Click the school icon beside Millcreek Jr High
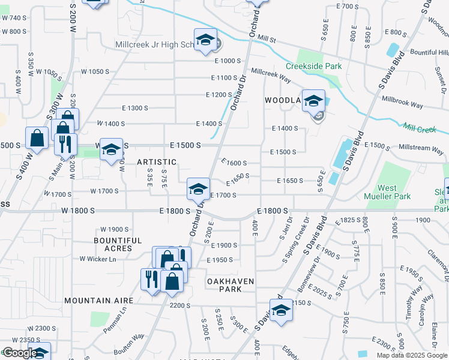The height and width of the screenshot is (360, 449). tap(205, 40)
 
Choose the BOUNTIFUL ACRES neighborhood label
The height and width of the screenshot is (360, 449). tap(118, 244)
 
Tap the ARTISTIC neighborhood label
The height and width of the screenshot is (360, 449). tap(157, 162)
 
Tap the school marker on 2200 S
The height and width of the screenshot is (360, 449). tap(281, 310)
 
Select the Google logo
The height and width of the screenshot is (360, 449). tap(20, 353)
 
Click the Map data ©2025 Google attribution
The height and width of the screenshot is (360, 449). tap(412, 355)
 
